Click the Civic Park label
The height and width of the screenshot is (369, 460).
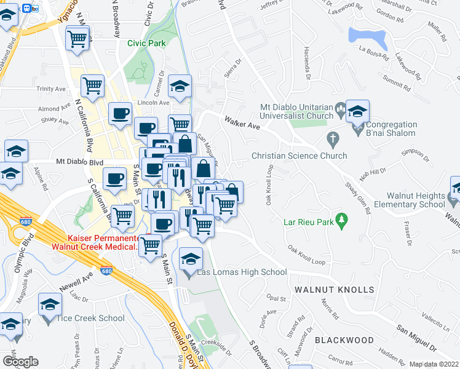147,43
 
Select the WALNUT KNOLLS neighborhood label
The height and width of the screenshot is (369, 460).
334,289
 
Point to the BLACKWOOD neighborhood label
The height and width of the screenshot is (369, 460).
344,340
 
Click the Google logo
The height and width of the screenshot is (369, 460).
20,362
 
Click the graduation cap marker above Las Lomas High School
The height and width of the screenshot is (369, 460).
191,260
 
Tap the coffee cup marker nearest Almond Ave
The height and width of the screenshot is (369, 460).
120,113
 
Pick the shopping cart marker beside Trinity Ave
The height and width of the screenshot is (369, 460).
93,86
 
